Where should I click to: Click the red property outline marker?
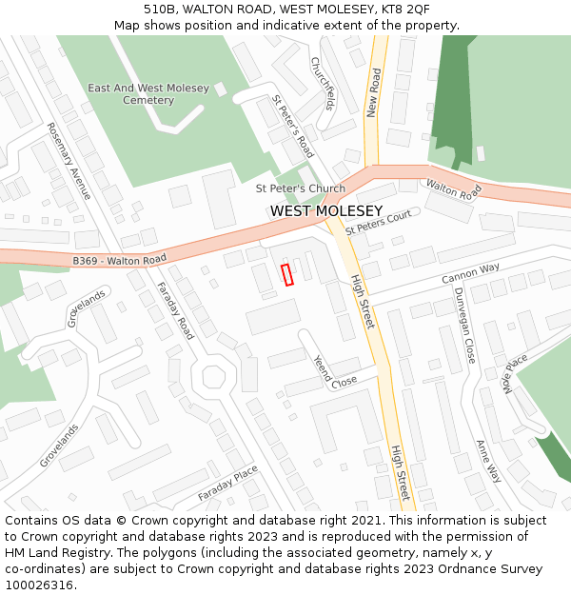click(287, 274)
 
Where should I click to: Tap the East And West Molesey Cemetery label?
click(148, 94)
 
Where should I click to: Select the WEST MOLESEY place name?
click(326, 210)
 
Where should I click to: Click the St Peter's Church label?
click(301, 188)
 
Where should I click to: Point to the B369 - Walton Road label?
click(119, 259)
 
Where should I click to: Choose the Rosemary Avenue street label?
click(69, 161)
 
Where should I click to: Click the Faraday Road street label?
click(175, 310)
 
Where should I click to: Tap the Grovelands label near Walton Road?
click(86, 309)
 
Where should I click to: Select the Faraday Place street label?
click(227, 485)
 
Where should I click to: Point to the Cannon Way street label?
click(470, 273)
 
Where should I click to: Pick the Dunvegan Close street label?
click(463, 325)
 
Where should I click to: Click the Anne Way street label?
click(488, 461)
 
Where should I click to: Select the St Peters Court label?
click(378, 223)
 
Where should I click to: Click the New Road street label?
click(374, 92)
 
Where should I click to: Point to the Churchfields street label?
click(324, 82)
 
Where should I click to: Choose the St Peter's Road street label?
click(293, 126)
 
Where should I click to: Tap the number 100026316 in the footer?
click(38, 585)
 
